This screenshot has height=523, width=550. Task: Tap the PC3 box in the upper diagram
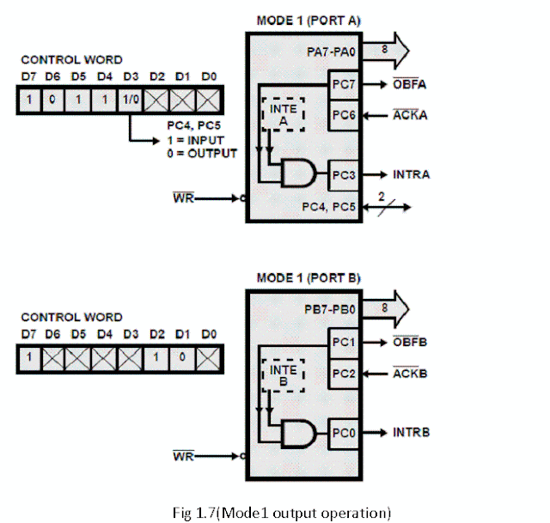click(346, 174)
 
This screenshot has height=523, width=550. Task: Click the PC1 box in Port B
click(346, 343)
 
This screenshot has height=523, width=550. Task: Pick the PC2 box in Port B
click(346, 374)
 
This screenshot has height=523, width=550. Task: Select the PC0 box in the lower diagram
click(346, 429)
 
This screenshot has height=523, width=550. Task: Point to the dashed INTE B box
click(284, 375)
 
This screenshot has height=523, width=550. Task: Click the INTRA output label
click(412, 175)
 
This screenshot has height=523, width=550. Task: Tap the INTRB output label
click(412, 429)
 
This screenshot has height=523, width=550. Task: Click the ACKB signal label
click(410, 374)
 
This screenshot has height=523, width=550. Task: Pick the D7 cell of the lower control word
click(29, 356)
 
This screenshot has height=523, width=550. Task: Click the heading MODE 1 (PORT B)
click(309, 278)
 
